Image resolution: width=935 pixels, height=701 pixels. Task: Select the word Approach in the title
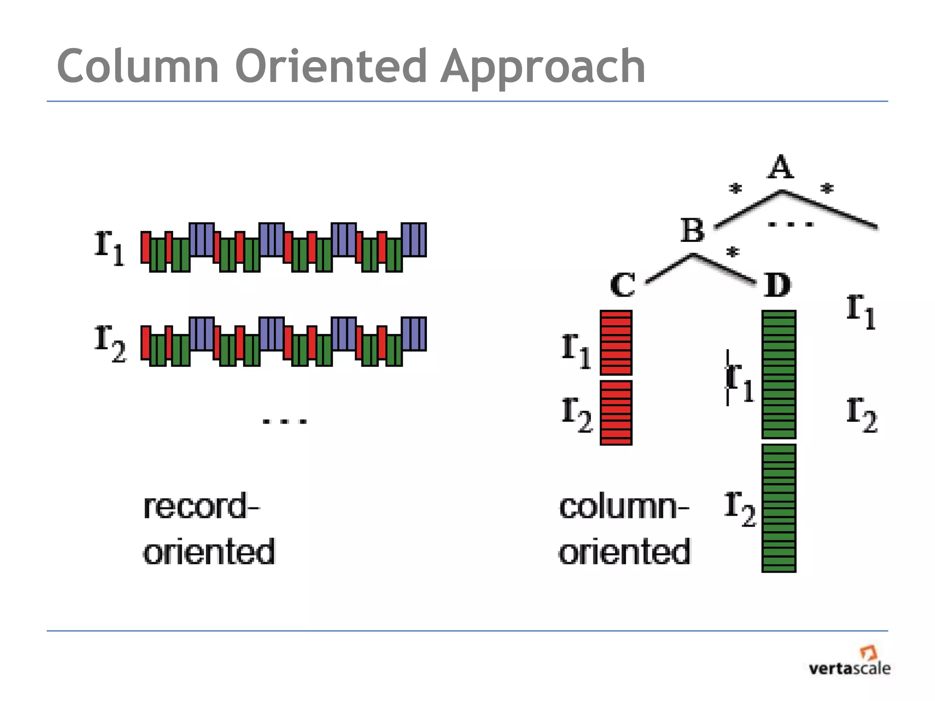click(543, 68)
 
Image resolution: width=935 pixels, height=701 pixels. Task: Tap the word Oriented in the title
click(331, 67)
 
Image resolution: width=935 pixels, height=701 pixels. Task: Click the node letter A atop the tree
click(780, 167)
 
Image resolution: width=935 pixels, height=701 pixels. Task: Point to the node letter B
click(693, 230)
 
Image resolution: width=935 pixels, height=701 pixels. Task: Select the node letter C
click(622, 285)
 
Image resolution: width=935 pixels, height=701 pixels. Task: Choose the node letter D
click(777, 285)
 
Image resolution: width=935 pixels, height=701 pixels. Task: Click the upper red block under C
click(616, 343)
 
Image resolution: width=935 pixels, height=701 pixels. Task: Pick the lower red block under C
click(616, 413)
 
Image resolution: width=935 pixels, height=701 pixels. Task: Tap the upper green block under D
click(779, 374)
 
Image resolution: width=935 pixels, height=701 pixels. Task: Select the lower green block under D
click(779, 507)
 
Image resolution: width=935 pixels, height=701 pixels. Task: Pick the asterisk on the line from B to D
click(732, 252)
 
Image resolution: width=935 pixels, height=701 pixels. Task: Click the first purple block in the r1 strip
click(201, 240)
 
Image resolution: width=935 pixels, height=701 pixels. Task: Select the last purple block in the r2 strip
click(414, 334)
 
